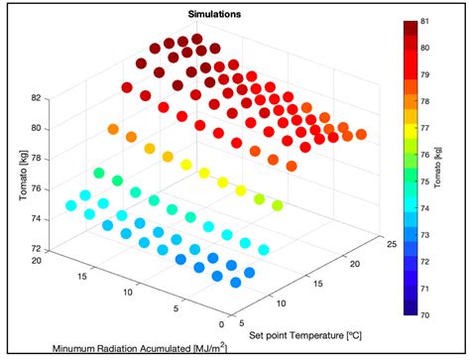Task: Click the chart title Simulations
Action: (x=209, y=14)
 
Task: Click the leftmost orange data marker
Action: (x=113, y=129)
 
